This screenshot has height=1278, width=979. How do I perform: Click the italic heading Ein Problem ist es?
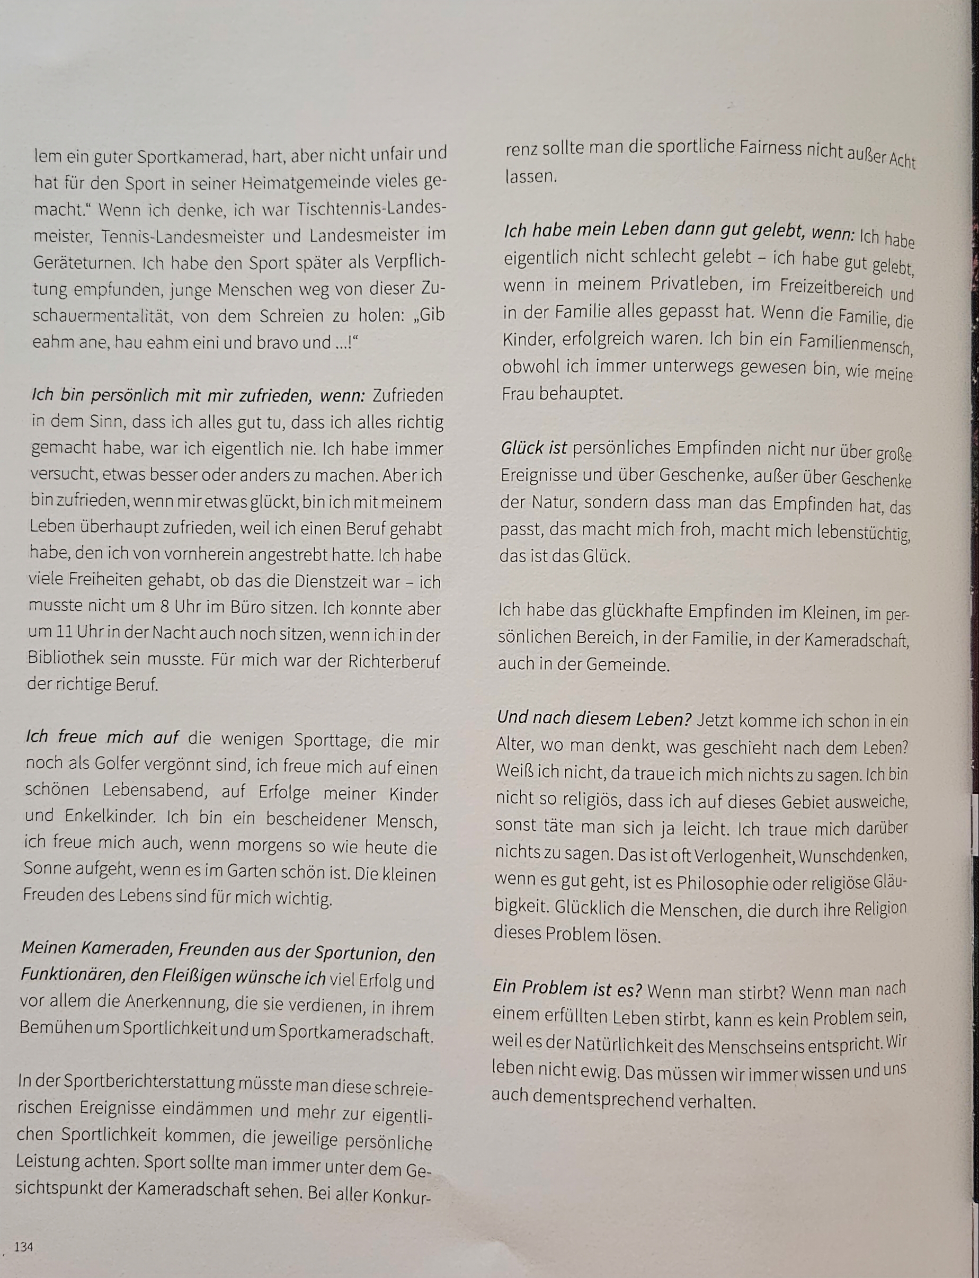567,988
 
